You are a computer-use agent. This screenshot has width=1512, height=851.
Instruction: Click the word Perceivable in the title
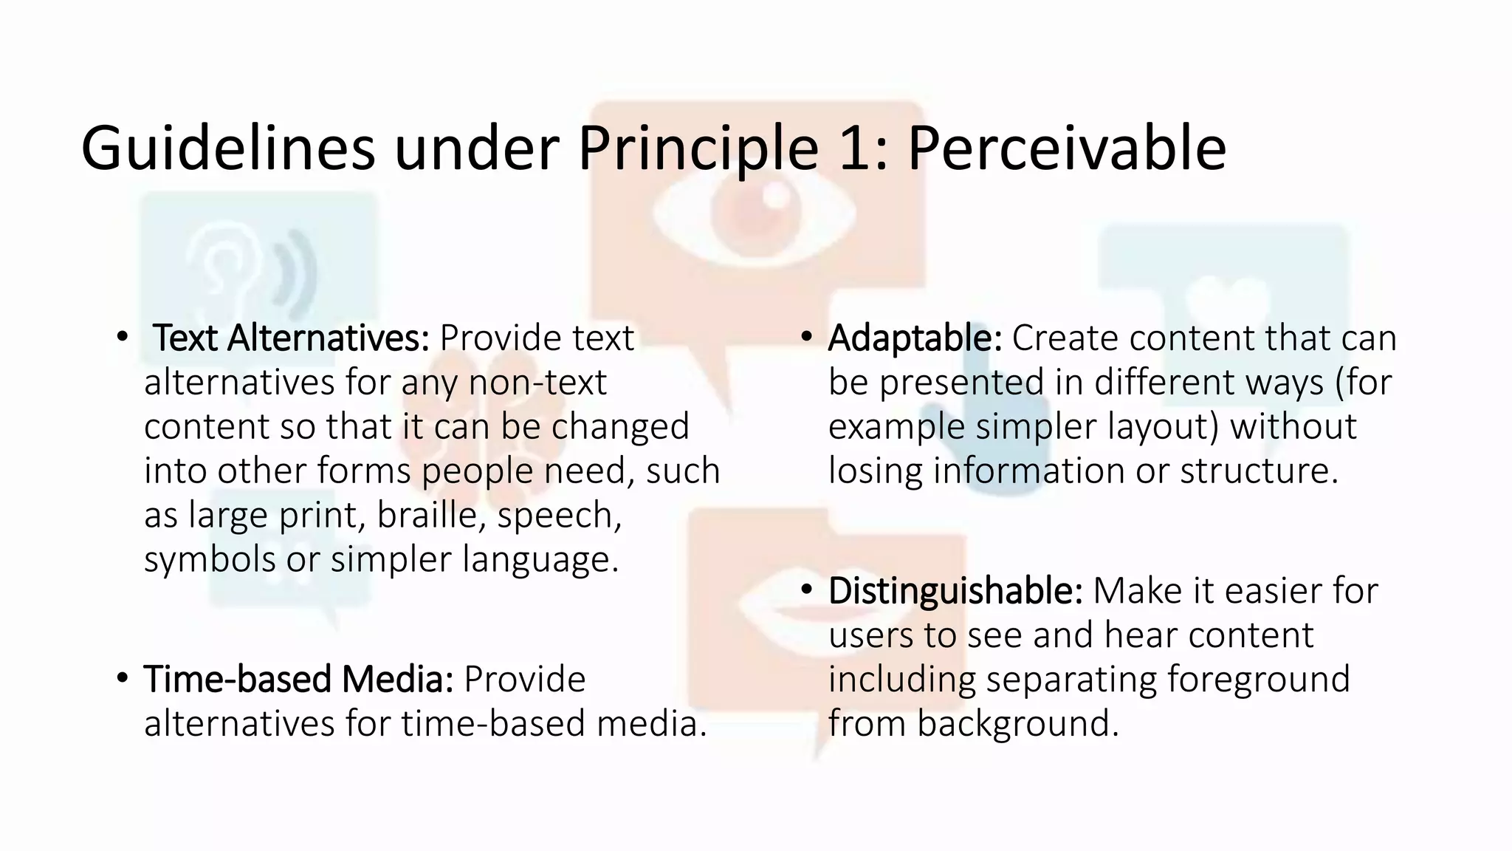(1066, 149)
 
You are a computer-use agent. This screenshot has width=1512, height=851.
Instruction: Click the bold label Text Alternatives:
(291, 338)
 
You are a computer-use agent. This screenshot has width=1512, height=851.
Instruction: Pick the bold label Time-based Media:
(298, 679)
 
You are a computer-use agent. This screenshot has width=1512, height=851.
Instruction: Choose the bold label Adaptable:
(915, 338)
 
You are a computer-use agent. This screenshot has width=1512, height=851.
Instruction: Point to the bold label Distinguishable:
(955, 591)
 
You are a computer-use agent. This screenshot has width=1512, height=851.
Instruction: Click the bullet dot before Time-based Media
(123, 677)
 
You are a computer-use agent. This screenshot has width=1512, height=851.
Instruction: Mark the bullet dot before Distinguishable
(806, 589)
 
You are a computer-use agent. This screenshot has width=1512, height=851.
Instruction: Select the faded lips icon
(775, 613)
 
